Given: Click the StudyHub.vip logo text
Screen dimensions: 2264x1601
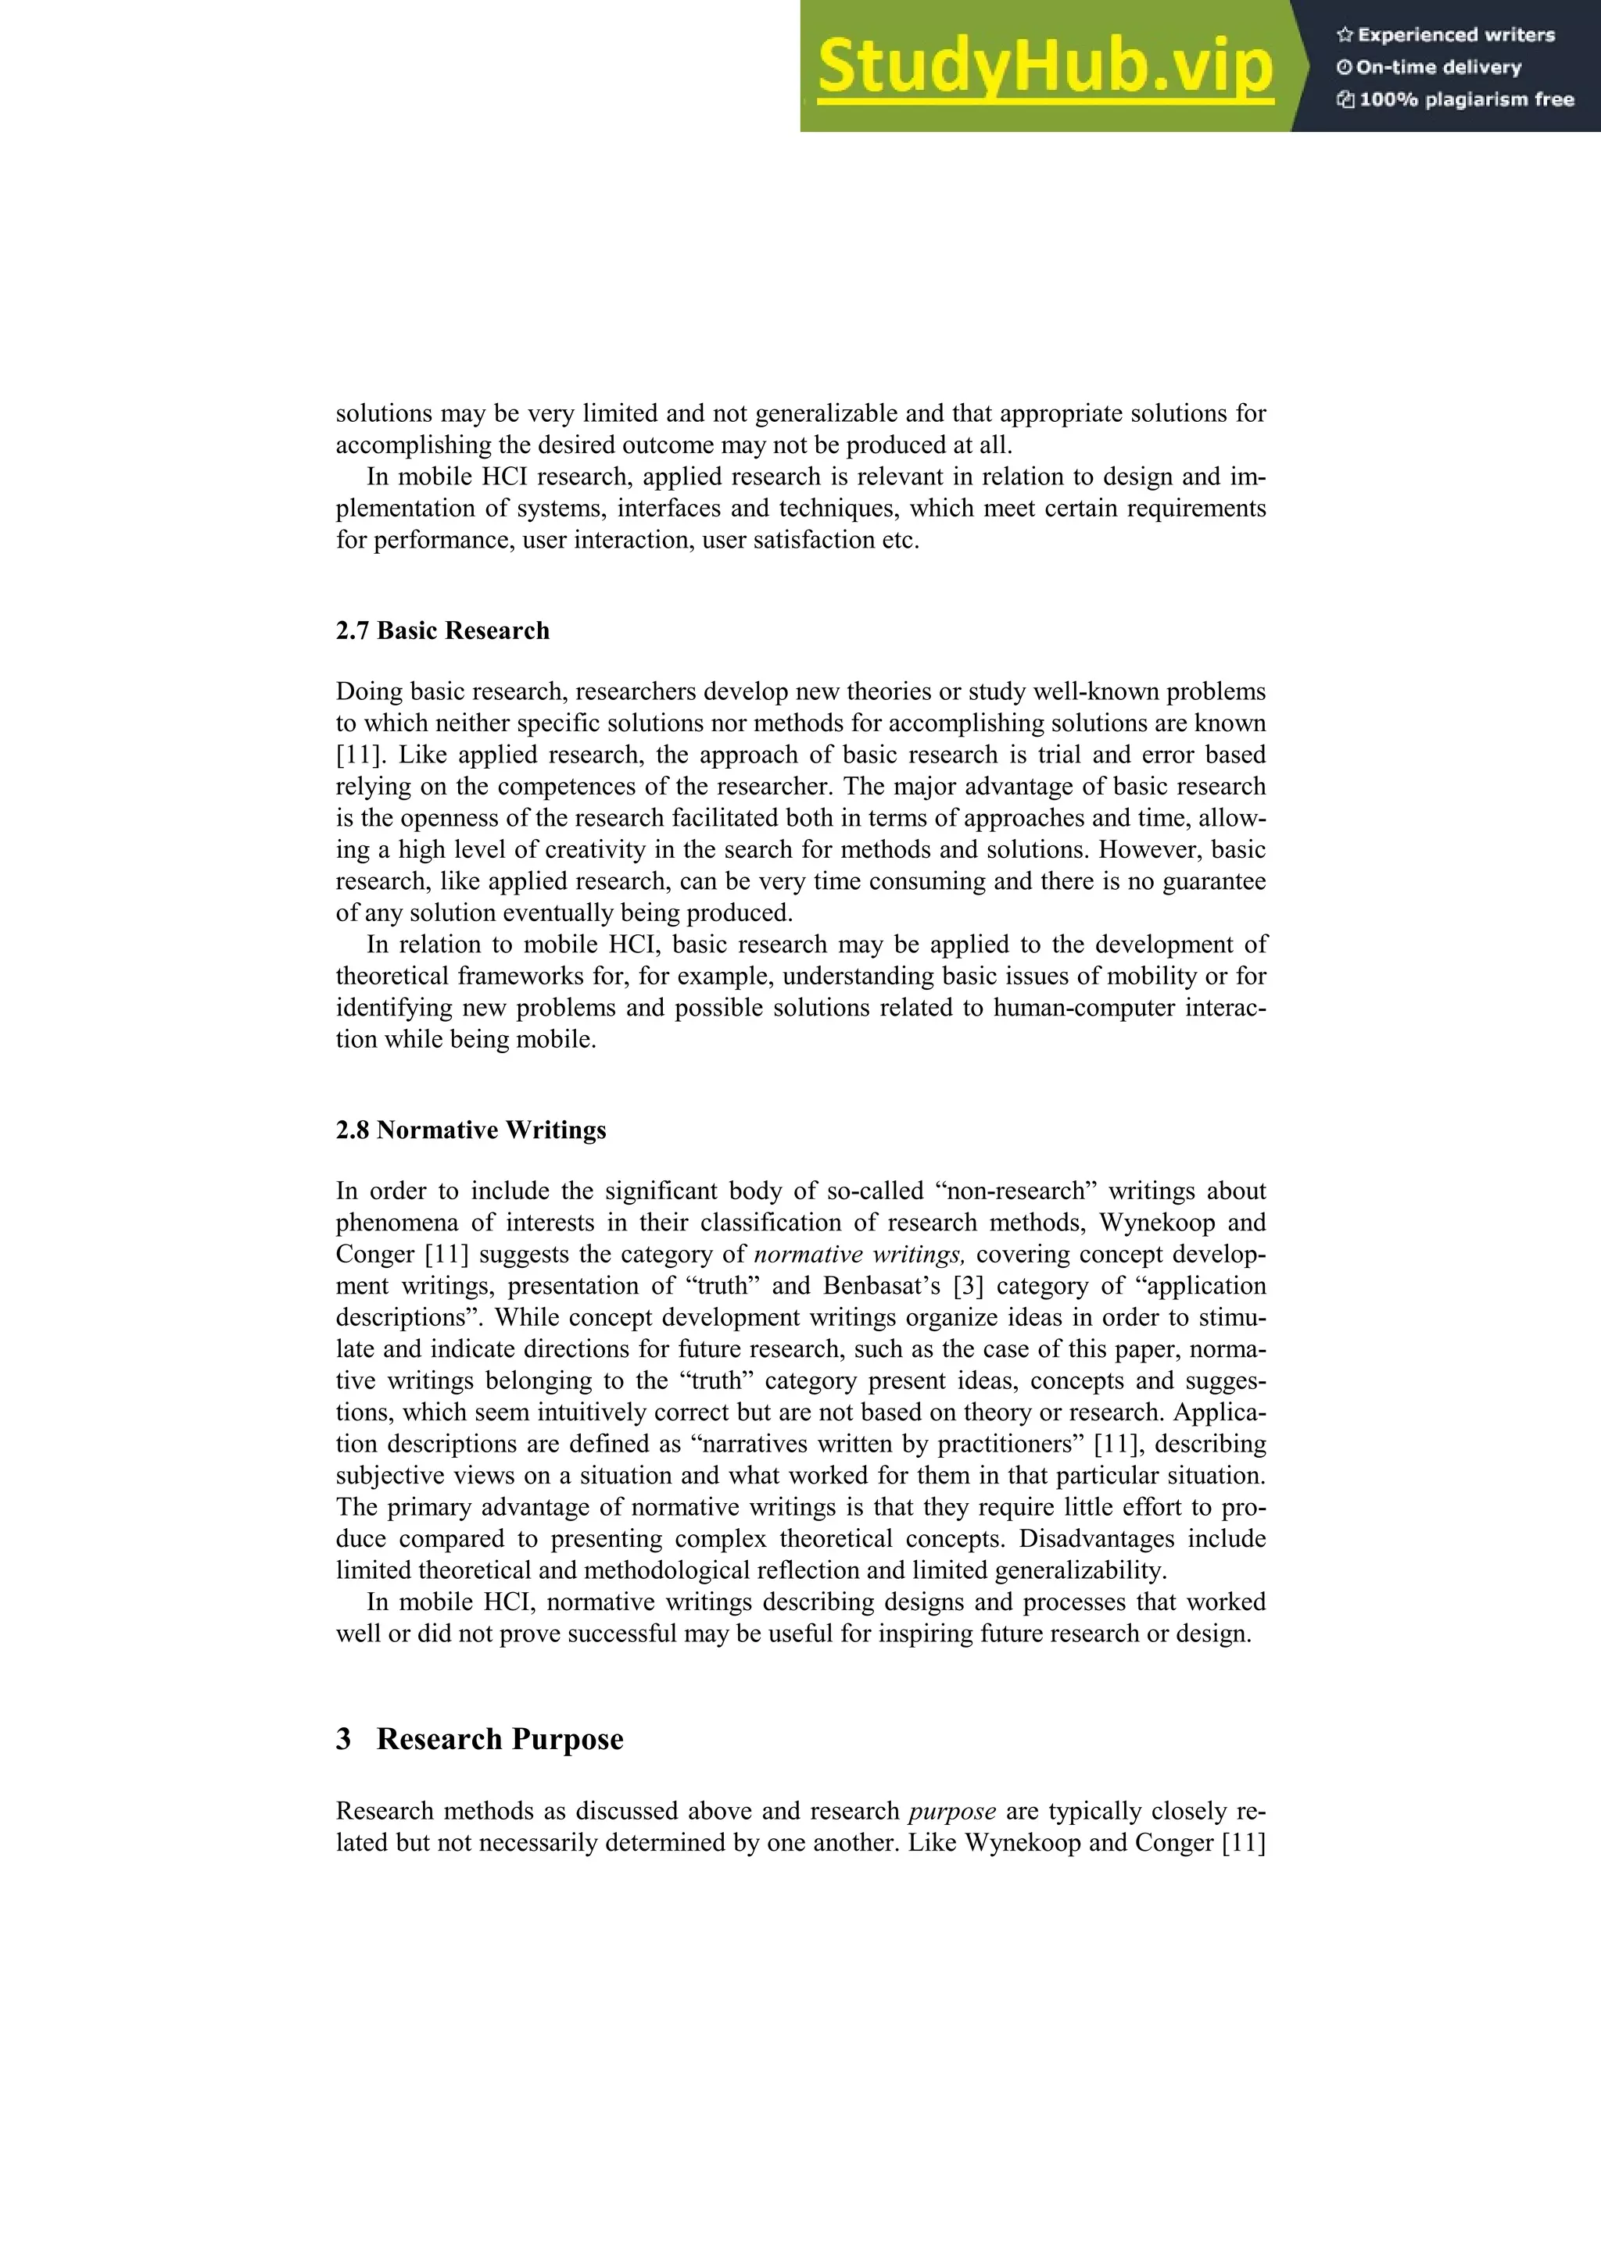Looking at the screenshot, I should coord(1044,67).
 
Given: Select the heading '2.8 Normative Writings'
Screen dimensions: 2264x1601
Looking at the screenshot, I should coord(471,1130).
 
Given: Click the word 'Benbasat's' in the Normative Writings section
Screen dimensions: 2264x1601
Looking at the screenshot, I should coord(882,1286).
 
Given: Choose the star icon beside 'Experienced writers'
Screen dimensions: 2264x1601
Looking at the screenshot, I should coord(1344,35).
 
